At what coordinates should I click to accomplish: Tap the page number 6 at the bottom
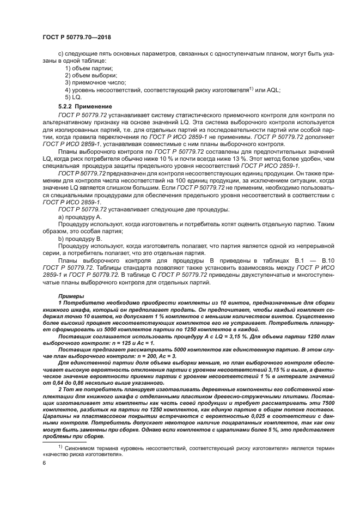pos(44,463)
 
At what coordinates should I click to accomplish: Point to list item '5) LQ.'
pos(73,96)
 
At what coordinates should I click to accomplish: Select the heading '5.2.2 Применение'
pos(85,106)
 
